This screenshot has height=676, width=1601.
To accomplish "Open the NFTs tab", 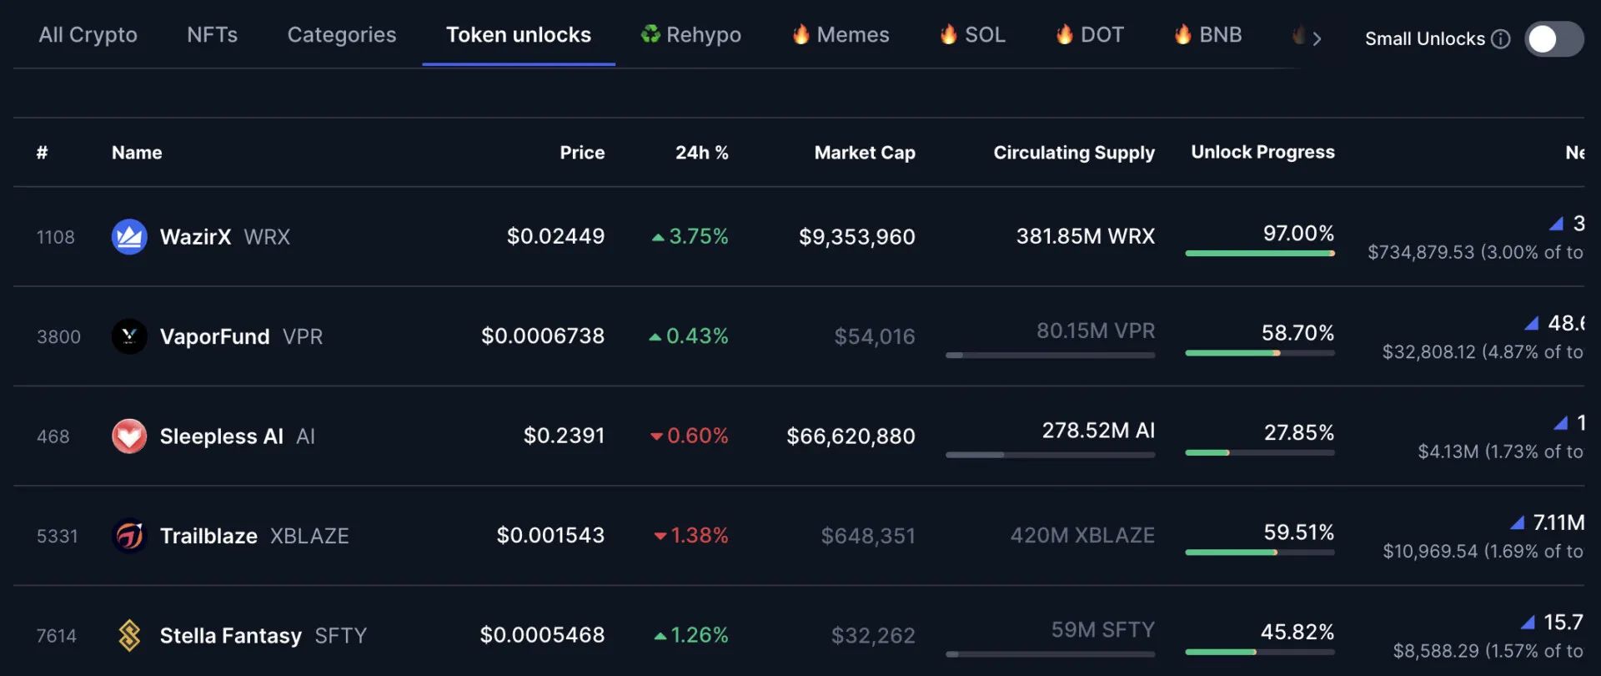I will point(212,35).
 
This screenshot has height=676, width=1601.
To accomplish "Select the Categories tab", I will point(342,35).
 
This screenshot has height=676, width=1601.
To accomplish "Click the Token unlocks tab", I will point(518,35).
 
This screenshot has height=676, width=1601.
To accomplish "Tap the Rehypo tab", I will point(691,35).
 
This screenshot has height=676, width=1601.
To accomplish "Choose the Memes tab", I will point(841,35).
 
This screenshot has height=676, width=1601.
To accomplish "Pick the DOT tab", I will point(1090,35).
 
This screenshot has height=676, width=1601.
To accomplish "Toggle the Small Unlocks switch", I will point(1553,39).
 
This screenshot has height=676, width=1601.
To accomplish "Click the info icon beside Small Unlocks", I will point(1500,39).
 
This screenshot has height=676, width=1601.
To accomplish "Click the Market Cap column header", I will point(864,153).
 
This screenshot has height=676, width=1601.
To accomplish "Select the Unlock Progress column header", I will point(1262,152).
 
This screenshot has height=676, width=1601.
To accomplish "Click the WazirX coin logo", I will point(129,237).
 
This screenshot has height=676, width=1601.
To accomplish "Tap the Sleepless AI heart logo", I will point(129,436).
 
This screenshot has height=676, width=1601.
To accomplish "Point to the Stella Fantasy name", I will point(230,636).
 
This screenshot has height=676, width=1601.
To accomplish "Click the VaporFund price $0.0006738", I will point(543,336).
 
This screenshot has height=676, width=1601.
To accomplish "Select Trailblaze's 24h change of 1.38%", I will point(691,536).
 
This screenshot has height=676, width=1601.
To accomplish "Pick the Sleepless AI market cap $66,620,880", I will point(851,436).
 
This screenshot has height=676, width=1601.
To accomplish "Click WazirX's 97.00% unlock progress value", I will point(1298,234).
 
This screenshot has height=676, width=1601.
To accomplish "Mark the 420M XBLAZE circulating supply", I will point(1082,536).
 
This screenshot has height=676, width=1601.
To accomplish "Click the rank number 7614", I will point(57,636).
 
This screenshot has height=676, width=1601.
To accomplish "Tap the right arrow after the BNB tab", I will point(1317,38).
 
